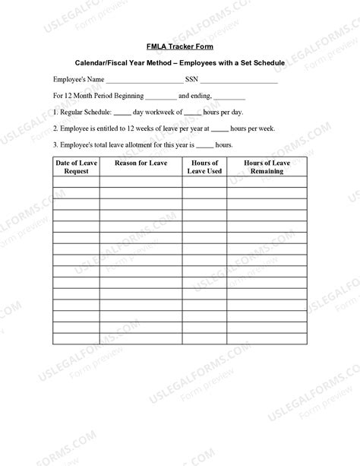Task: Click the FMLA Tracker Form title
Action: pyautogui.click(x=180, y=46)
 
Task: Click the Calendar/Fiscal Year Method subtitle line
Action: pyautogui.click(x=180, y=62)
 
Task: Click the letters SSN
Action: pyautogui.click(x=191, y=78)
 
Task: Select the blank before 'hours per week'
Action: pyautogui.click(x=219, y=130)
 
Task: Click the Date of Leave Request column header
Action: pyautogui.click(x=76, y=166)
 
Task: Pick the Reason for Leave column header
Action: pyautogui.click(x=141, y=163)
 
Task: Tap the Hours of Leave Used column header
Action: pyautogui.click(x=204, y=166)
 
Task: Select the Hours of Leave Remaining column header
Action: pyautogui.click(x=267, y=166)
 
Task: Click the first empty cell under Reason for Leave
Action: pyautogui.click(x=141, y=182)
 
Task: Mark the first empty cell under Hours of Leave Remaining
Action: pyautogui.click(x=267, y=182)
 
